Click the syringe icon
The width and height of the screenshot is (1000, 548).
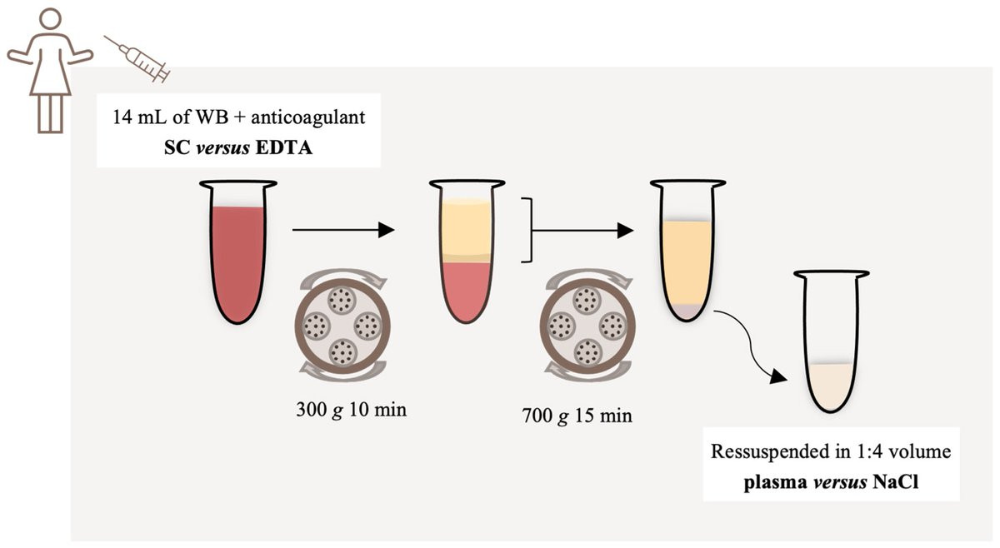(137, 58)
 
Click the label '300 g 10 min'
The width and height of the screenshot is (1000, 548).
(349, 410)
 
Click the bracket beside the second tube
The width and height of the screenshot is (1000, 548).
(526, 231)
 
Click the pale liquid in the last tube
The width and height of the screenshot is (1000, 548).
(831, 386)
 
